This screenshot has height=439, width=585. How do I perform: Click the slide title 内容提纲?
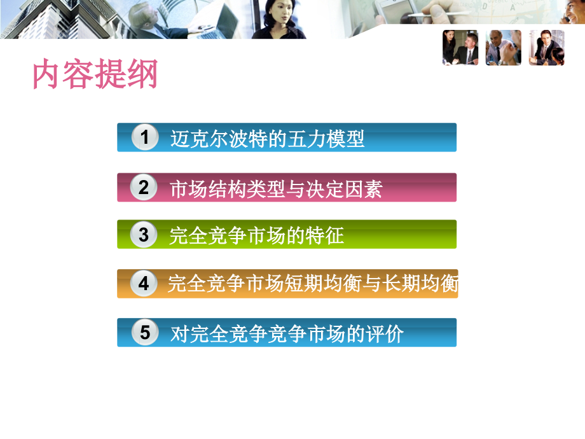(x=95, y=75)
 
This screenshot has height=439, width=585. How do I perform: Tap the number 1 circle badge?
(x=144, y=138)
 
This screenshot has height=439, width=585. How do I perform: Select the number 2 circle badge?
(x=144, y=188)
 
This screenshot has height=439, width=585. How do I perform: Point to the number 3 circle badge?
(x=144, y=235)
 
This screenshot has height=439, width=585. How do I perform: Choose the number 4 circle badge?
(x=144, y=284)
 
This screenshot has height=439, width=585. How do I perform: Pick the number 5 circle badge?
(x=145, y=333)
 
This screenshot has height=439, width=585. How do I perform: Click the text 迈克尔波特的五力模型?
(x=267, y=139)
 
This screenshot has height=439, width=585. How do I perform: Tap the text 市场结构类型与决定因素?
(x=276, y=188)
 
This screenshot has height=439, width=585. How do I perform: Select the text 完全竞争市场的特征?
(x=257, y=236)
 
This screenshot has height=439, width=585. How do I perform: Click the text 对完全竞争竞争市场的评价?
(x=287, y=334)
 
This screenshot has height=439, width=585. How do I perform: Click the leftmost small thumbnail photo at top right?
(x=460, y=48)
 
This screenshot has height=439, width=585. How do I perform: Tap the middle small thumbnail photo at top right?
(x=503, y=48)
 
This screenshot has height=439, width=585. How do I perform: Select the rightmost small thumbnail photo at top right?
(x=546, y=48)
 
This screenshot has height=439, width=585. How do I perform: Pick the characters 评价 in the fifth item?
(x=384, y=334)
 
